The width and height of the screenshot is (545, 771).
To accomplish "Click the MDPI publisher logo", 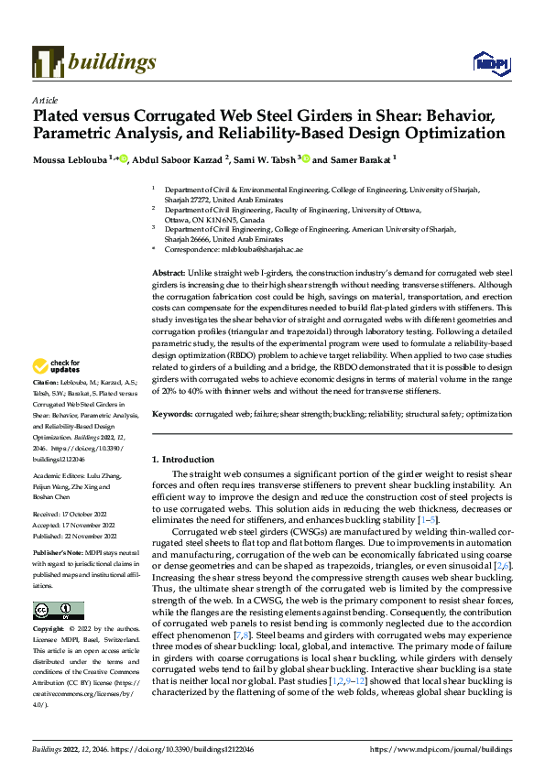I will (x=486, y=62).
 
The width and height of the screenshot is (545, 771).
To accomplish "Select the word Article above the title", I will (x=45, y=100).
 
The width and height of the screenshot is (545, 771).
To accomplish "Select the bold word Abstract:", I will (x=168, y=274).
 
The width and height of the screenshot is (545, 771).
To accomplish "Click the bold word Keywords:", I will (x=172, y=414).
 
